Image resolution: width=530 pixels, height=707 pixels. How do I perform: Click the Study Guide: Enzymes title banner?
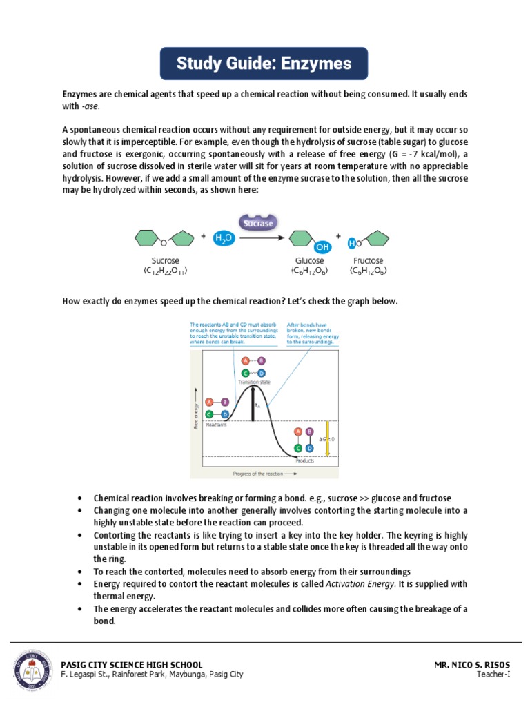[x=264, y=64]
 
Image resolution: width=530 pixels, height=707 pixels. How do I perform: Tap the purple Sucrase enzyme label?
[x=256, y=223]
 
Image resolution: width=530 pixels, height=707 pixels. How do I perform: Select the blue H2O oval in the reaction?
[x=224, y=238]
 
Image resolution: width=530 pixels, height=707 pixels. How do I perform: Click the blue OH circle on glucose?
[x=322, y=246]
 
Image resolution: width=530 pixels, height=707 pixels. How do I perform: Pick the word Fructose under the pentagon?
[x=368, y=261]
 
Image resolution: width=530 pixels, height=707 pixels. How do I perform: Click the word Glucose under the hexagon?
[x=308, y=261]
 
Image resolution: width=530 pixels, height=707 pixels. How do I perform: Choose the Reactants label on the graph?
[x=217, y=425]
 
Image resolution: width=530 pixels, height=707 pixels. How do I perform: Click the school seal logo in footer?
[x=32, y=669]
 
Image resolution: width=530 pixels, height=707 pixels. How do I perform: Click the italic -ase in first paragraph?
[x=90, y=106]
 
